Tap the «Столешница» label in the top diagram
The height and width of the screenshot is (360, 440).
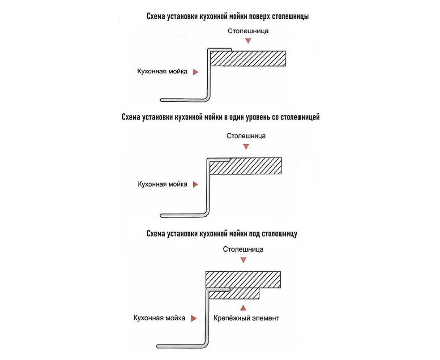(248, 31)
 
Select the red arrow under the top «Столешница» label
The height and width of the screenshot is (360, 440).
(248, 41)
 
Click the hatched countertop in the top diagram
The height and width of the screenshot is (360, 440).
(249, 58)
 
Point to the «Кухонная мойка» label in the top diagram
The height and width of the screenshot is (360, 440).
(163, 71)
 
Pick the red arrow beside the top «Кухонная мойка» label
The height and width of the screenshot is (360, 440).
(195, 72)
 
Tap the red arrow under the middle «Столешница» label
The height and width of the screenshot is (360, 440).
(246, 146)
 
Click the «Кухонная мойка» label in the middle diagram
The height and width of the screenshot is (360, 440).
(163, 184)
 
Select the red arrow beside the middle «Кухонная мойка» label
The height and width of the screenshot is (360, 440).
(195, 184)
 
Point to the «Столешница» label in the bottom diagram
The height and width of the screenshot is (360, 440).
(243, 249)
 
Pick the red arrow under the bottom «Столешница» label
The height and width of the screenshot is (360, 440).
(243, 260)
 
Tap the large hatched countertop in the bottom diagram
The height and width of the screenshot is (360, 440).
(243, 279)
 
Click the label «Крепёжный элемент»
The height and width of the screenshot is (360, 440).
(247, 318)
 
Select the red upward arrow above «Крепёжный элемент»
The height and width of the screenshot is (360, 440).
(243, 307)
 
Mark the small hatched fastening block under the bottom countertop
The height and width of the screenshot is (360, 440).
(244, 294)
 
